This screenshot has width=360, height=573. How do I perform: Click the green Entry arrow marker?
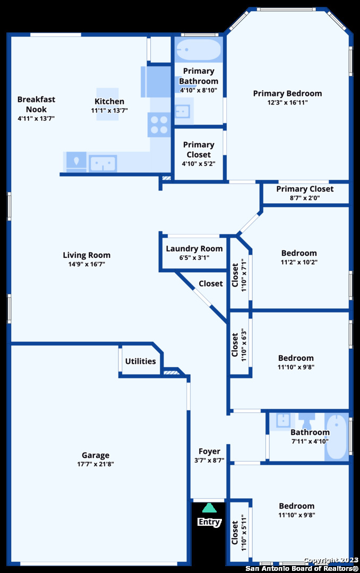(x=209, y=508)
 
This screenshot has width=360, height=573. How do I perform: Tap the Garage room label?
(x=96, y=455)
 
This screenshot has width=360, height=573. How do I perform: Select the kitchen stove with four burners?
(x=159, y=125)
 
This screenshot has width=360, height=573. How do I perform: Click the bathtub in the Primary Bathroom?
(x=199, y=50)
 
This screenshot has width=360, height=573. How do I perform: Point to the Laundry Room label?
(x=194, y=249)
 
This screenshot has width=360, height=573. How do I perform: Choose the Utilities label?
(x=140, y=361)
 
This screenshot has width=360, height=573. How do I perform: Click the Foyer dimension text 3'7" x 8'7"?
(x=209, y=461)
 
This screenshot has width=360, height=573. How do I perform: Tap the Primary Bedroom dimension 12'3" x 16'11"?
(x=287, y=102)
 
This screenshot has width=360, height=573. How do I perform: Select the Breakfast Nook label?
(x=36, y=104)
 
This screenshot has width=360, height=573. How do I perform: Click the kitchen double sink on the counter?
(x=103, y=162)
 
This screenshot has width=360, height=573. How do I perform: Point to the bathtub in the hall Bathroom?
(x=337, y=437)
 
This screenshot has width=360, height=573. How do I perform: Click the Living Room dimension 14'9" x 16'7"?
(x=87, y=264)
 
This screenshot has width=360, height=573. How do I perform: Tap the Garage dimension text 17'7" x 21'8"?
(x=96, y=464)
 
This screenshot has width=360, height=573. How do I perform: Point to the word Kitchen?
(x=109, y=101)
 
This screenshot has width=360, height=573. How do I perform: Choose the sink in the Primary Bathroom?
(x=182, y=111)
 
